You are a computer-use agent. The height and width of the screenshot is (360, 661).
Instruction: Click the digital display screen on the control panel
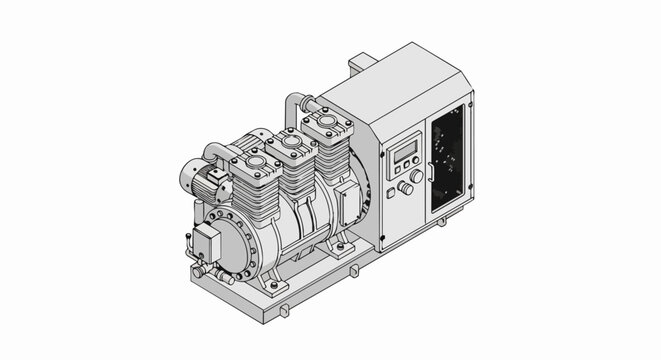[x=403, y=152]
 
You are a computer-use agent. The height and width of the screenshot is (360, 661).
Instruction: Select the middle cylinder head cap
[x=290, y=143]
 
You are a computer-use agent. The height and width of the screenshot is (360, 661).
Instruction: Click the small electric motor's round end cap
[x=189, y=177]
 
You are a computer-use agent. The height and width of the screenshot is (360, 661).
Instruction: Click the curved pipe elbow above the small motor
[x=214, y=151]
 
